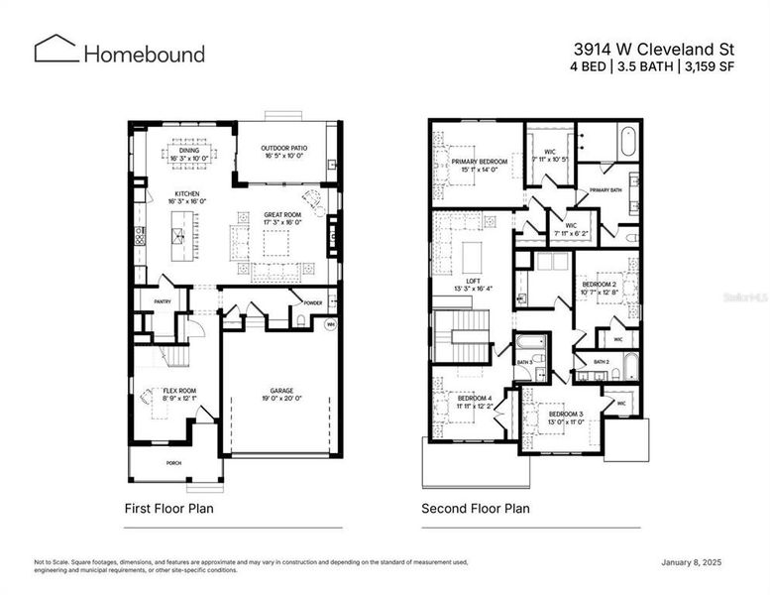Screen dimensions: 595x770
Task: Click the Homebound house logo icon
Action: click(56, 50)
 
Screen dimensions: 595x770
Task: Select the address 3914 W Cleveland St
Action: click(652, 47)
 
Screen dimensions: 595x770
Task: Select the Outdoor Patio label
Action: click(283, 148)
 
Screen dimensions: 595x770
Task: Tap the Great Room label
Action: click(282, 215)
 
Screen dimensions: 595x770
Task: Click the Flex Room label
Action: click(178, 392)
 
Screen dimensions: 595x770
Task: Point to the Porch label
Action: click(173, 462)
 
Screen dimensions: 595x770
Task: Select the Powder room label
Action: click(313, 302)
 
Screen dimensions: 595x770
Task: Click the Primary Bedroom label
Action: click(480, 162)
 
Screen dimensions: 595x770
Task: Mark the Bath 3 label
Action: click(524, 363)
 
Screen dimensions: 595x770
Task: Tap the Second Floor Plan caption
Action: click(475, 509)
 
